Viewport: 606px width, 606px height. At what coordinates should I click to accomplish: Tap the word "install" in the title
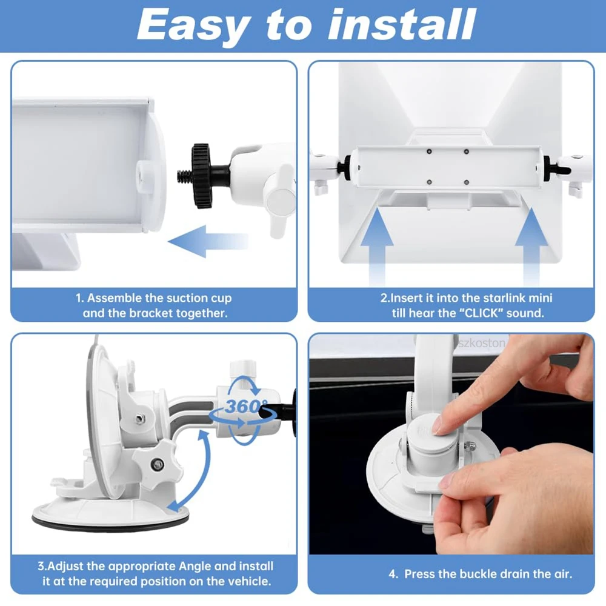tap(402, 24)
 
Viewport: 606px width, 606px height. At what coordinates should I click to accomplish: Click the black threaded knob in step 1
tap(202, 176)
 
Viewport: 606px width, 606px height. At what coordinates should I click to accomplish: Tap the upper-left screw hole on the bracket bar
tap(429, 151)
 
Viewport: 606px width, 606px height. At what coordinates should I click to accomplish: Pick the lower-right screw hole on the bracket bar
tap(467, 182)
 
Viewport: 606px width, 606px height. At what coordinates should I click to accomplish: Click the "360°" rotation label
tap(246, 406)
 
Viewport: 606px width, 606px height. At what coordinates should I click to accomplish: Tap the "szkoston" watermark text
tap(482, 343)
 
